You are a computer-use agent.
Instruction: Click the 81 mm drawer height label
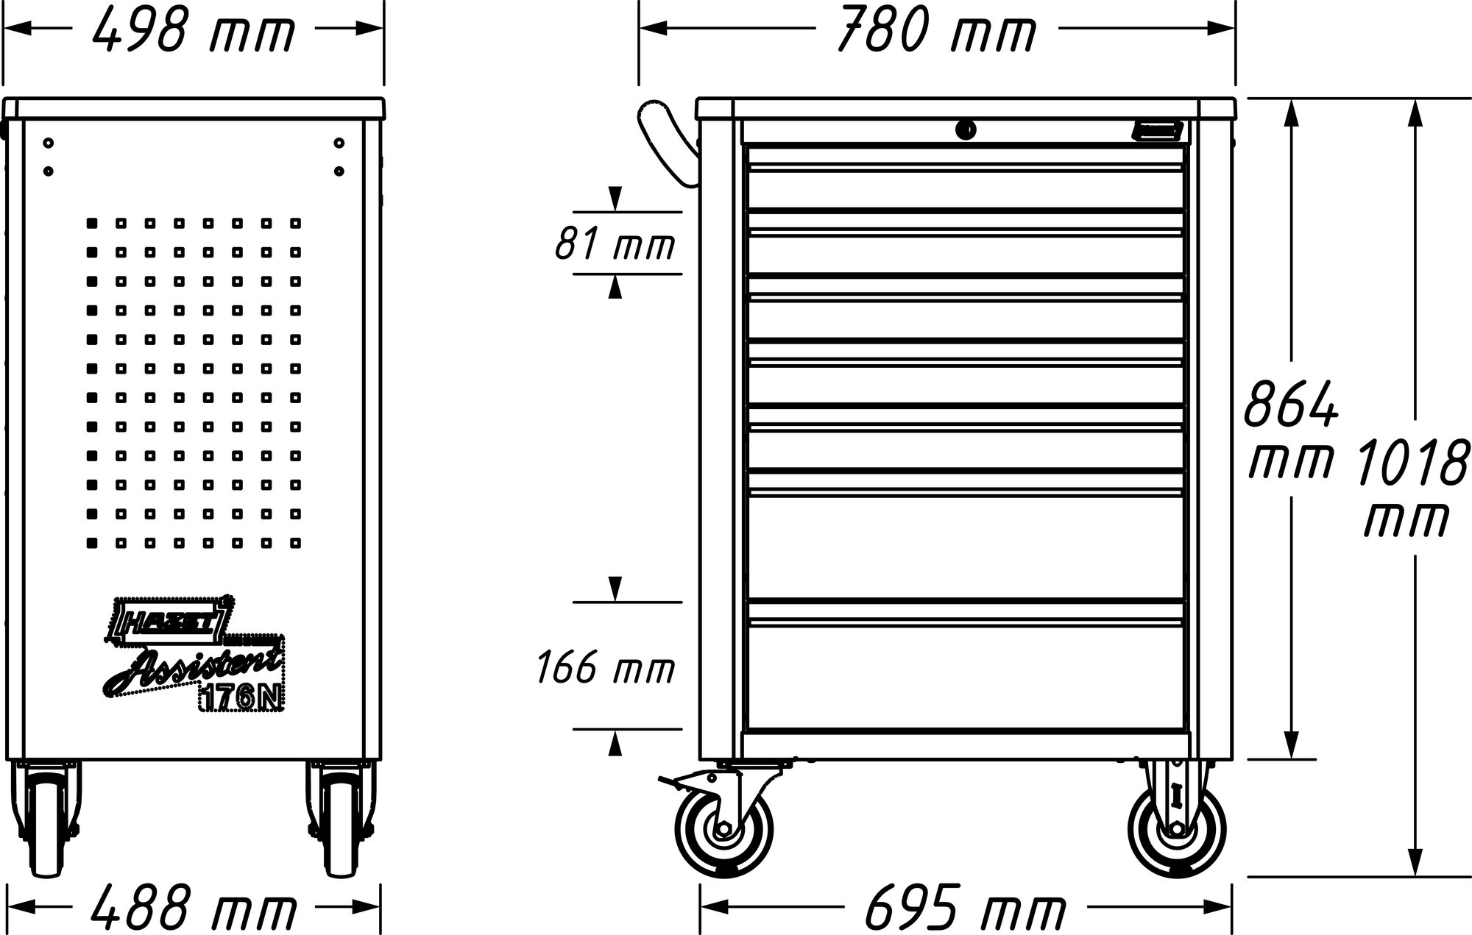pyautogui.click(x=615, y=244)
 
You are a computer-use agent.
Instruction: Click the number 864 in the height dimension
pyautogui.click(x=1290, y=405)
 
